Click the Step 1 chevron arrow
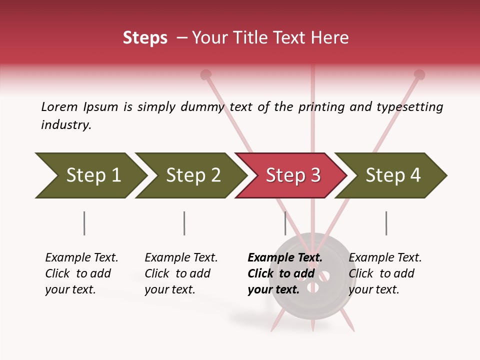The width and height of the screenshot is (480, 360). coord(90,175)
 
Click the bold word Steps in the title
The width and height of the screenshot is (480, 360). coord(145,38)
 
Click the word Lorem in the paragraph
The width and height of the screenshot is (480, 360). coord(59,106)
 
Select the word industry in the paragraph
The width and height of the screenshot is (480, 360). coord(65,124)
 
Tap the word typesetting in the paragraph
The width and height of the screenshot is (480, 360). coord(409,107)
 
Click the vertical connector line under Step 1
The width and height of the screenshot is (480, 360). coord(84,223)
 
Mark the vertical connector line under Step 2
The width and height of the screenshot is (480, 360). coord(184,223)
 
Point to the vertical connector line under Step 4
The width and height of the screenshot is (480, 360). coord(386,223)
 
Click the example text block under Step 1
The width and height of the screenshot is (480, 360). coord(81,273)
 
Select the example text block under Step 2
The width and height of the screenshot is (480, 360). coord(180,273)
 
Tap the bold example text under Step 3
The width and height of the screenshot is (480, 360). coord(284,273)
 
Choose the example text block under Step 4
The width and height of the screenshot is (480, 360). coord(384,273)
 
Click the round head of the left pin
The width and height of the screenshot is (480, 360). coord(205,75)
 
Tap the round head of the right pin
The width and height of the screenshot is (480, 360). coord(419,75)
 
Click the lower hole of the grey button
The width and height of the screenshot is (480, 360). coord(313,288)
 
